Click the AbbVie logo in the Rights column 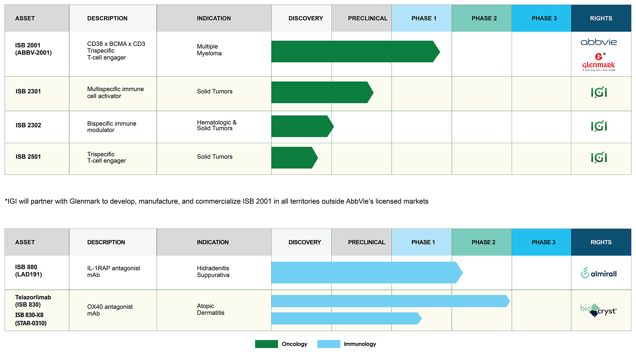(598, 42)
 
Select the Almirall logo (599, 273)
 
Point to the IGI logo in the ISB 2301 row (599, 92)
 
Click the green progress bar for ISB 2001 (355, 52)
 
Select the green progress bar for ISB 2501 (294, 157)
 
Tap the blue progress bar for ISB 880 (367, 272)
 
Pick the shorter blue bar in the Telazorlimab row (346, 318)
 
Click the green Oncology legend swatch (266, 344)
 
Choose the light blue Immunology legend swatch (329, 344)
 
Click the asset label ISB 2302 (28, 125)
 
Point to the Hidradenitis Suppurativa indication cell (213, 271)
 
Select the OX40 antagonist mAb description (110, 310)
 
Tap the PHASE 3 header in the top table (544, 18)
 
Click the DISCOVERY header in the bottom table (305, 242)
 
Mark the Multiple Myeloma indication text (209, 50)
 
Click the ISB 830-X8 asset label (29, 315)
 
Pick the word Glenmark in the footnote (85, 201)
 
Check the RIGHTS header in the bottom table (601, 242)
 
